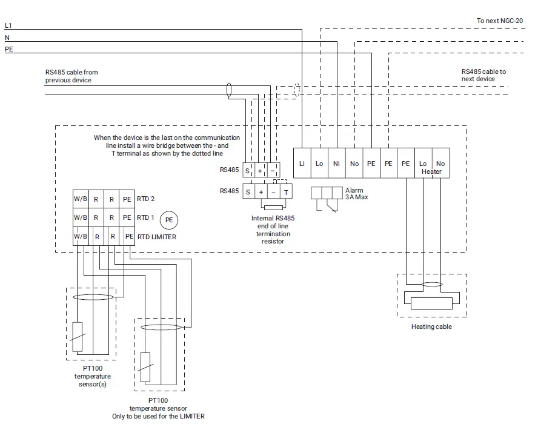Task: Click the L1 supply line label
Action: (8, 25)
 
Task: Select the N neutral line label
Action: (7, 38)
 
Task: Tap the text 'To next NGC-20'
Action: (499, 21)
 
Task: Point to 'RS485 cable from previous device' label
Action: (71, 76)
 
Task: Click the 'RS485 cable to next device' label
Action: (483, 75)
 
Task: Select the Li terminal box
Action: (302, 164)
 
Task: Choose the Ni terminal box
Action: (336, 164)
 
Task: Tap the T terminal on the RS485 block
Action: (286, 192)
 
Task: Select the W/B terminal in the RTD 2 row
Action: (80, 199)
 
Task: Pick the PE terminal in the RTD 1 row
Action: (127, 217)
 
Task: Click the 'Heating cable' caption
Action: (431, 327)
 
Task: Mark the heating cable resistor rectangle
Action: (431, 303)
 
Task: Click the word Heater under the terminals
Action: (431, 172)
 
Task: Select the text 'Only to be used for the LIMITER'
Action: (159, 416)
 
